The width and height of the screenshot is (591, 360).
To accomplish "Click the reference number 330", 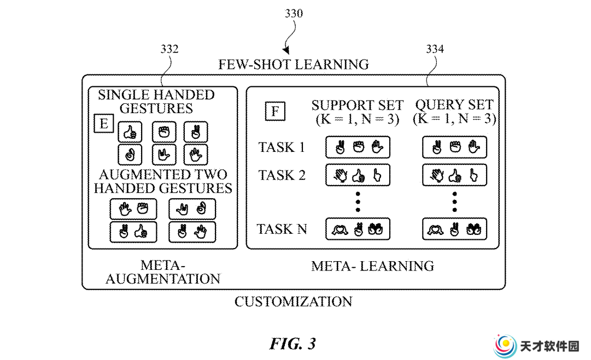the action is click(x=294, y=14).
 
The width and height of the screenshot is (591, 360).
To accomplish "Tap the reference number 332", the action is click(x=169, y=49).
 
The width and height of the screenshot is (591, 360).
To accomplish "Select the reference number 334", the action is click(x=435, y=49).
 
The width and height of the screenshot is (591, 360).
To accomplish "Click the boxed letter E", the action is click(x=104, y=123).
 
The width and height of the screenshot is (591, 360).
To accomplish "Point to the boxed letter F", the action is click(x=275, y=111).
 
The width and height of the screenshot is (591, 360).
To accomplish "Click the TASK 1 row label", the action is click(x=282, y=147).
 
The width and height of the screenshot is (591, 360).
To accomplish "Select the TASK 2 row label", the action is click(x=282, y=175).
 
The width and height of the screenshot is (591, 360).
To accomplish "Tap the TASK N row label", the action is click(x=282, y=229).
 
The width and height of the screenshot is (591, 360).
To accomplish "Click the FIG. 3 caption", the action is click(x=293, y=344).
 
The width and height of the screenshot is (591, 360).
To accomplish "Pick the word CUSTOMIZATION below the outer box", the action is click(x=294, y=302).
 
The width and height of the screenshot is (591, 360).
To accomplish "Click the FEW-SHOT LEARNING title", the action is click(x=294, y=64).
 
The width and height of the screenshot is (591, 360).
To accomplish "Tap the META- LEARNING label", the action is click(x=373, y=266).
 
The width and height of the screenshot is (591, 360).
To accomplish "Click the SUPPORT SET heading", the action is click(x=358, y=105).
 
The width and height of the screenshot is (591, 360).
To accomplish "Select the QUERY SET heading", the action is click(x=454, y=105).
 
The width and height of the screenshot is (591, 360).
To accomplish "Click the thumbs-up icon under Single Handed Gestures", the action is click(x=130, y=132).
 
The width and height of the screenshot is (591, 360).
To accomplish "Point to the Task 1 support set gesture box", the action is click(x=358, y=147).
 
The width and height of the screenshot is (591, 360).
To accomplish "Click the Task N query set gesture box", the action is click(x=454, y=229).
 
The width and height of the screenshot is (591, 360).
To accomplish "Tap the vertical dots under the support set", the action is click(x=358, y=202).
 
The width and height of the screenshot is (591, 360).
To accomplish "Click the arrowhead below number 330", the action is click(x=286, y=50).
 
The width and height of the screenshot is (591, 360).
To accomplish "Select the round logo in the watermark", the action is click(x=506, y=346).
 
